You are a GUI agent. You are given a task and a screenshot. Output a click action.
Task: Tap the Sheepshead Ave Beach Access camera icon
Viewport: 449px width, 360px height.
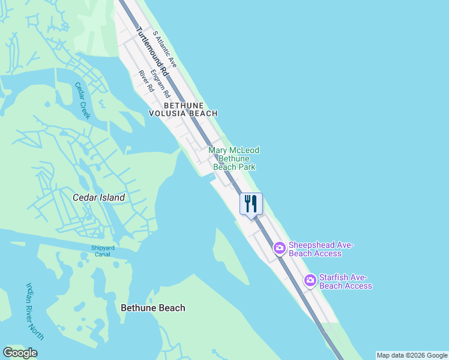click(280, 247)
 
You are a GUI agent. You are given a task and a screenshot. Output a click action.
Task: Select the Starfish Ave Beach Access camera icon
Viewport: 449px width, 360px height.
click(310, 280)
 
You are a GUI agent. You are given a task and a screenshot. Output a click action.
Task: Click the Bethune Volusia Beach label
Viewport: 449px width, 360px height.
click(182, 109)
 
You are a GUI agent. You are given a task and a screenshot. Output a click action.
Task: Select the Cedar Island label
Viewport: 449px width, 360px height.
click(98, 197)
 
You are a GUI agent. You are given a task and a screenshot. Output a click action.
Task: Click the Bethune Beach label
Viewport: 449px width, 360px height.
click(153, 308)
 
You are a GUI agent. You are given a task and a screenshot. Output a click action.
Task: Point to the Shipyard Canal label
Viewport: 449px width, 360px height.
click(104, 251)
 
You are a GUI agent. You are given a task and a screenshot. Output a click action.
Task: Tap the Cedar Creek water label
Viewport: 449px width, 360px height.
click(82, 100)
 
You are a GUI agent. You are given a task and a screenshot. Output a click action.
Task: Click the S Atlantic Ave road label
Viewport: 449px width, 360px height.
click(164, 49)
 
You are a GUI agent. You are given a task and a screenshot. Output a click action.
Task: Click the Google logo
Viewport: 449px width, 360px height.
click(20, 353)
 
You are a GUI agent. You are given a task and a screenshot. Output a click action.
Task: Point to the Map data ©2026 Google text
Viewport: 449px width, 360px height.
click(412, 355)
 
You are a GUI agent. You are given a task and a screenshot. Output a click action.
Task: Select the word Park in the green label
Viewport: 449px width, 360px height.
click(246, 167)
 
